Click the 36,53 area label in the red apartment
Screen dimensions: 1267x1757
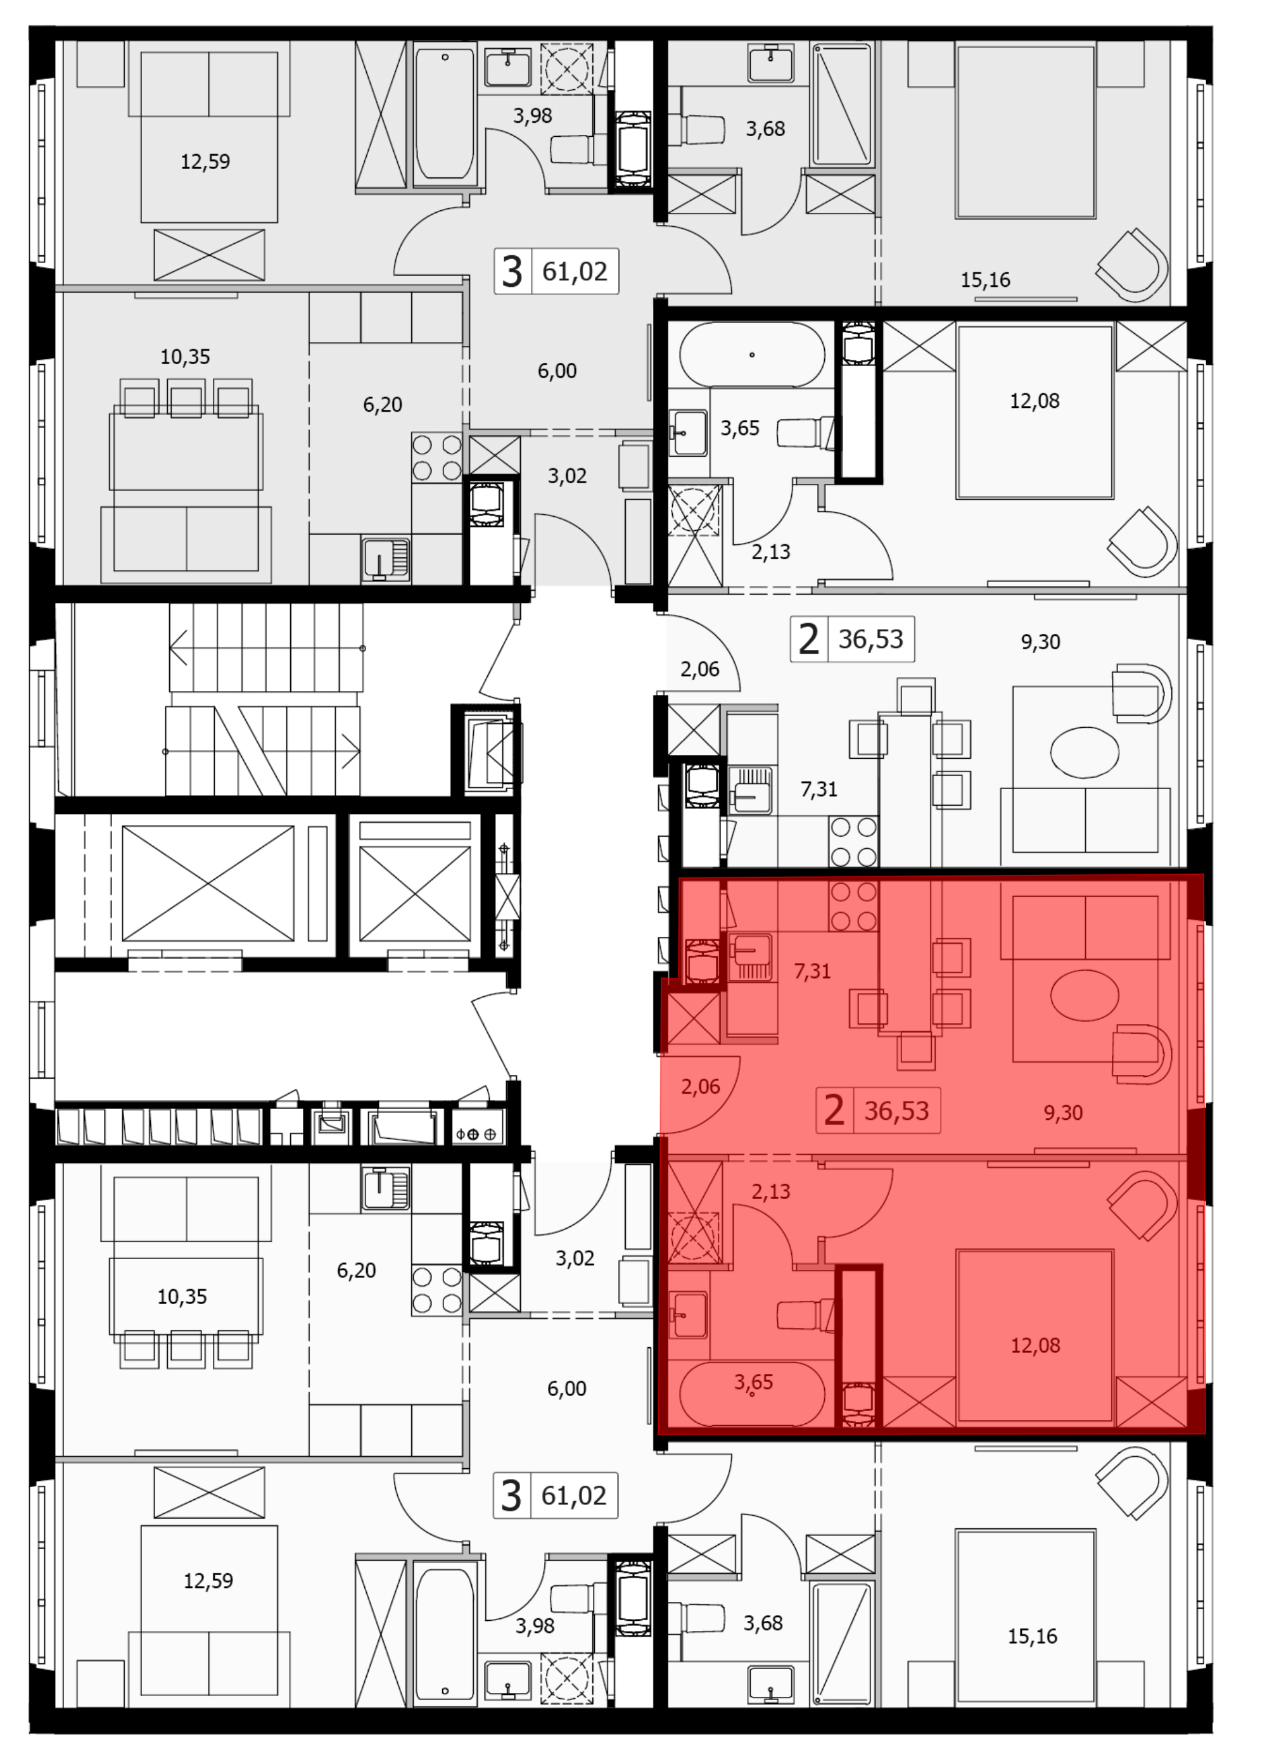tap(896, 1110)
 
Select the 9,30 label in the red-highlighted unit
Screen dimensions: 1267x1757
tap(1063, 1112)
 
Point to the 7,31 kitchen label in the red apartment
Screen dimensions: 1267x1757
tap(812, 971)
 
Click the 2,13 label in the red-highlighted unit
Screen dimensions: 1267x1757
tap(771, 1191)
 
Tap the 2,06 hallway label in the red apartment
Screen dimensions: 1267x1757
tap(701, 1087)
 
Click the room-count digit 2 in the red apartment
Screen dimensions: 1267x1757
tap(834, 1110)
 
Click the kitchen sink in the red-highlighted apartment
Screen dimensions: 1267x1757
tap(750, 958)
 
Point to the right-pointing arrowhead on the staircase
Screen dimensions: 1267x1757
tap(350, 751)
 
